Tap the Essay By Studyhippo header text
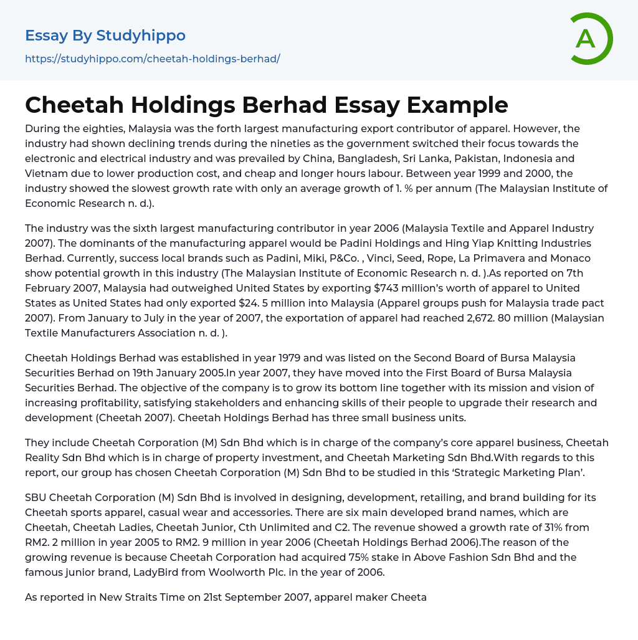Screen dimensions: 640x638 pos(105,36)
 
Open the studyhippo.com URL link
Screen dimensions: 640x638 pos(153,59)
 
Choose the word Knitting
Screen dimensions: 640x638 pos(474,243)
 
